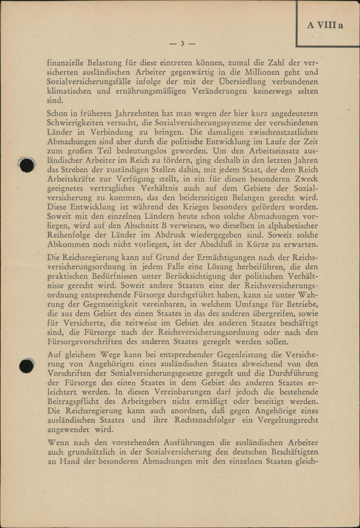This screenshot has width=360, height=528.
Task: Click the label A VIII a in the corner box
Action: click(x=325, y=25)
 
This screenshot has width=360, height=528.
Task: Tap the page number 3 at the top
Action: click(x=182, y=44)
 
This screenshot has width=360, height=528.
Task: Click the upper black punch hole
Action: click(x=27, y=165)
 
